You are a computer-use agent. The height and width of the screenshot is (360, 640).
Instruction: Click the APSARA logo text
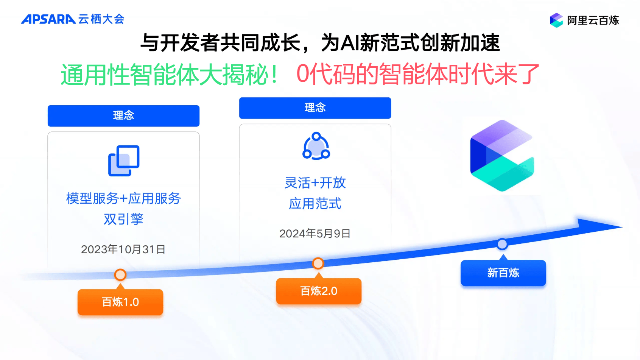(x=48, y=19)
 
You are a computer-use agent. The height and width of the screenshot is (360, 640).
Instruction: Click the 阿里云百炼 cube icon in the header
(x=556, y=20)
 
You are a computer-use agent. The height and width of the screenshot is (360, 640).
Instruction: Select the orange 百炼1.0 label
(x=120, y=302)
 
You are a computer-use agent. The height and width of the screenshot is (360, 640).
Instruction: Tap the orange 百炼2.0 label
(x=319, y=291)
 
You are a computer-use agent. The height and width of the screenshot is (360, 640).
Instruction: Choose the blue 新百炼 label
(x=503, y=273)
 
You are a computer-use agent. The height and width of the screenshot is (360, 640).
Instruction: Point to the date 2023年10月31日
(x=123, y=249)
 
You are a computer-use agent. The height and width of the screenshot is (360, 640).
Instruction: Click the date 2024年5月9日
(x=315, y=234)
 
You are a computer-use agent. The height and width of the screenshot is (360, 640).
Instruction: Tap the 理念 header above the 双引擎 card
(x=123, y=116)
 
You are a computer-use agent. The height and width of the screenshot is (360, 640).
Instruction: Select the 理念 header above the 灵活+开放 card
(x=315, y=108)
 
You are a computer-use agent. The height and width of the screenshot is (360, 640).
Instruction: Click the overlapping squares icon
(x=124, y=161)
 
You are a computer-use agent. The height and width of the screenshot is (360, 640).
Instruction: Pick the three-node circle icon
(x=316, y=146)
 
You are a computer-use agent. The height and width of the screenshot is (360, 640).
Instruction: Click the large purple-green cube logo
(x=502, y=156)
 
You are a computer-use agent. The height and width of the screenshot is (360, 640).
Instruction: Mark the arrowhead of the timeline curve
(x=622, y=227)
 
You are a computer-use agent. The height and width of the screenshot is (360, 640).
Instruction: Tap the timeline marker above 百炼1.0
(x=120, y=274)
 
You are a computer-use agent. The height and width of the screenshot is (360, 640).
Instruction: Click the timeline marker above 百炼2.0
(x=318, y=263)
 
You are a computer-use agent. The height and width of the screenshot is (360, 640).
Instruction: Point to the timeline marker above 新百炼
(x=502, y=244)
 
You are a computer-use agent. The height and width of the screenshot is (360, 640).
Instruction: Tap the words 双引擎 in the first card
(x=123, y=219)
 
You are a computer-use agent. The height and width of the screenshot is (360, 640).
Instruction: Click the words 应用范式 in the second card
(x=315, y=204)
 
